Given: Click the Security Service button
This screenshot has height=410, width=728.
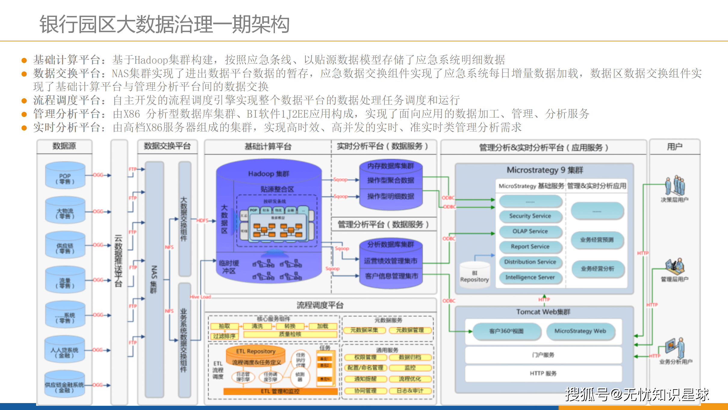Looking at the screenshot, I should pos(530,216).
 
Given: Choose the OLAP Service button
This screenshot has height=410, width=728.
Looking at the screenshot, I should pos(530,231).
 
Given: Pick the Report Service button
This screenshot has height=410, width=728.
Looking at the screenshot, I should pos(530,247).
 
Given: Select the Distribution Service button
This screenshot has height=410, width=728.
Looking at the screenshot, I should pos(530,262).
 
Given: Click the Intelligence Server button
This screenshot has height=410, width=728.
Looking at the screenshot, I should pos(530,277).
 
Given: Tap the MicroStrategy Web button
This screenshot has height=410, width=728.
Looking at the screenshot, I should pos(580,331).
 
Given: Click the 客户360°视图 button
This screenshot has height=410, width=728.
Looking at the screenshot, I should pos(506,331).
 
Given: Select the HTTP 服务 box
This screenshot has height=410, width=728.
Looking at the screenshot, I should pos(543,374).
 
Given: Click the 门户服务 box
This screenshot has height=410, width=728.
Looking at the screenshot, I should pos(543,355).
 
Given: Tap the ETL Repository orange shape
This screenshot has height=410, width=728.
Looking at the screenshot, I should pos(256,351).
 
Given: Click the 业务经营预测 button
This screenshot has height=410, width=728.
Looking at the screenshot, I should pos(597,240).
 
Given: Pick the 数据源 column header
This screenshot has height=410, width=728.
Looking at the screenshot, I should pos(64,146).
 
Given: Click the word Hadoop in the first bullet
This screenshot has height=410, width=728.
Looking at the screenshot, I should pos(151,60).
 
